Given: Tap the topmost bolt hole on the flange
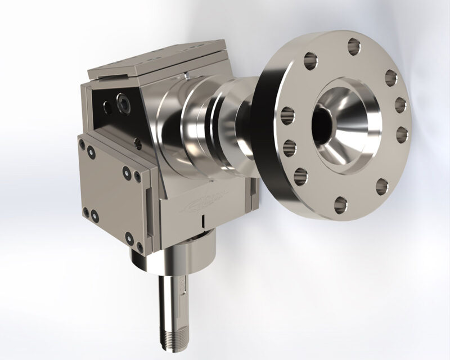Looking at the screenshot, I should pyautogui.click(x=354, y=44).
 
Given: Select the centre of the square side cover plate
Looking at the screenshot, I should pyautogui.click(x=110, y=188).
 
